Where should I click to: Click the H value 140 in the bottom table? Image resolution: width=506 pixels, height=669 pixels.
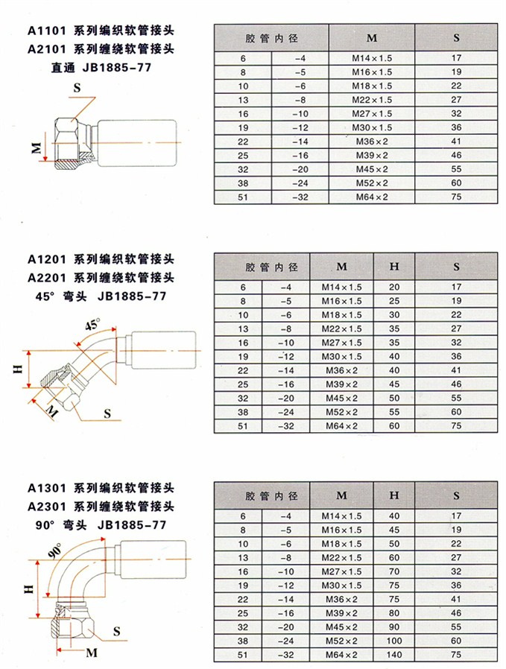[393, 655]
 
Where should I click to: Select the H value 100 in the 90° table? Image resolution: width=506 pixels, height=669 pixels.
[393, 641]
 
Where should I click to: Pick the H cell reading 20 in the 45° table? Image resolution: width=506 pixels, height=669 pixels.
[394, 287]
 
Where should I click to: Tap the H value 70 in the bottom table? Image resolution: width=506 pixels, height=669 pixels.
[394, 571]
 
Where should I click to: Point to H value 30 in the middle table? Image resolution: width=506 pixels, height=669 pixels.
[394, 315]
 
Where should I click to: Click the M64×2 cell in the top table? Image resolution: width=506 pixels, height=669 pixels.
[372, 197]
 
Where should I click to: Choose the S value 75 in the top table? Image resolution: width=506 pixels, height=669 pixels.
[457, 197]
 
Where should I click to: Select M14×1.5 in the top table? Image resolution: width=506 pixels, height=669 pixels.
[372, 58]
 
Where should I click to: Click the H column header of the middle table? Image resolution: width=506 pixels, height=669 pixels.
[394, 267]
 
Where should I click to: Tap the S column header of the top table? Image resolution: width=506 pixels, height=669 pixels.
[457, 38]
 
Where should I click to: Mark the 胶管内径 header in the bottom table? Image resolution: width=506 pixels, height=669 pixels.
[271, 495]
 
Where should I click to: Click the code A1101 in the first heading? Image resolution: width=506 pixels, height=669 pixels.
[47, 31]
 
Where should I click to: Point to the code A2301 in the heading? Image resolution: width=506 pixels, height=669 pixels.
[47, 507]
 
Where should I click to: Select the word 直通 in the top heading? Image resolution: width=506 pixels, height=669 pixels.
[63, 68]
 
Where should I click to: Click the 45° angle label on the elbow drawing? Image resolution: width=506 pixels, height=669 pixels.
[92, 324]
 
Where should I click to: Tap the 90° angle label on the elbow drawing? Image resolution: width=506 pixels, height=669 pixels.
[54, 551]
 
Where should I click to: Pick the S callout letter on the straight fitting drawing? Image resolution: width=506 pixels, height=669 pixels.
[77, 88]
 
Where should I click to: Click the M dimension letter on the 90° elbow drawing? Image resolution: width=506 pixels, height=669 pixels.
[92, 653]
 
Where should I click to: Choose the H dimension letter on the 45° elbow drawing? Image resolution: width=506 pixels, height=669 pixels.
[17, 369]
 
